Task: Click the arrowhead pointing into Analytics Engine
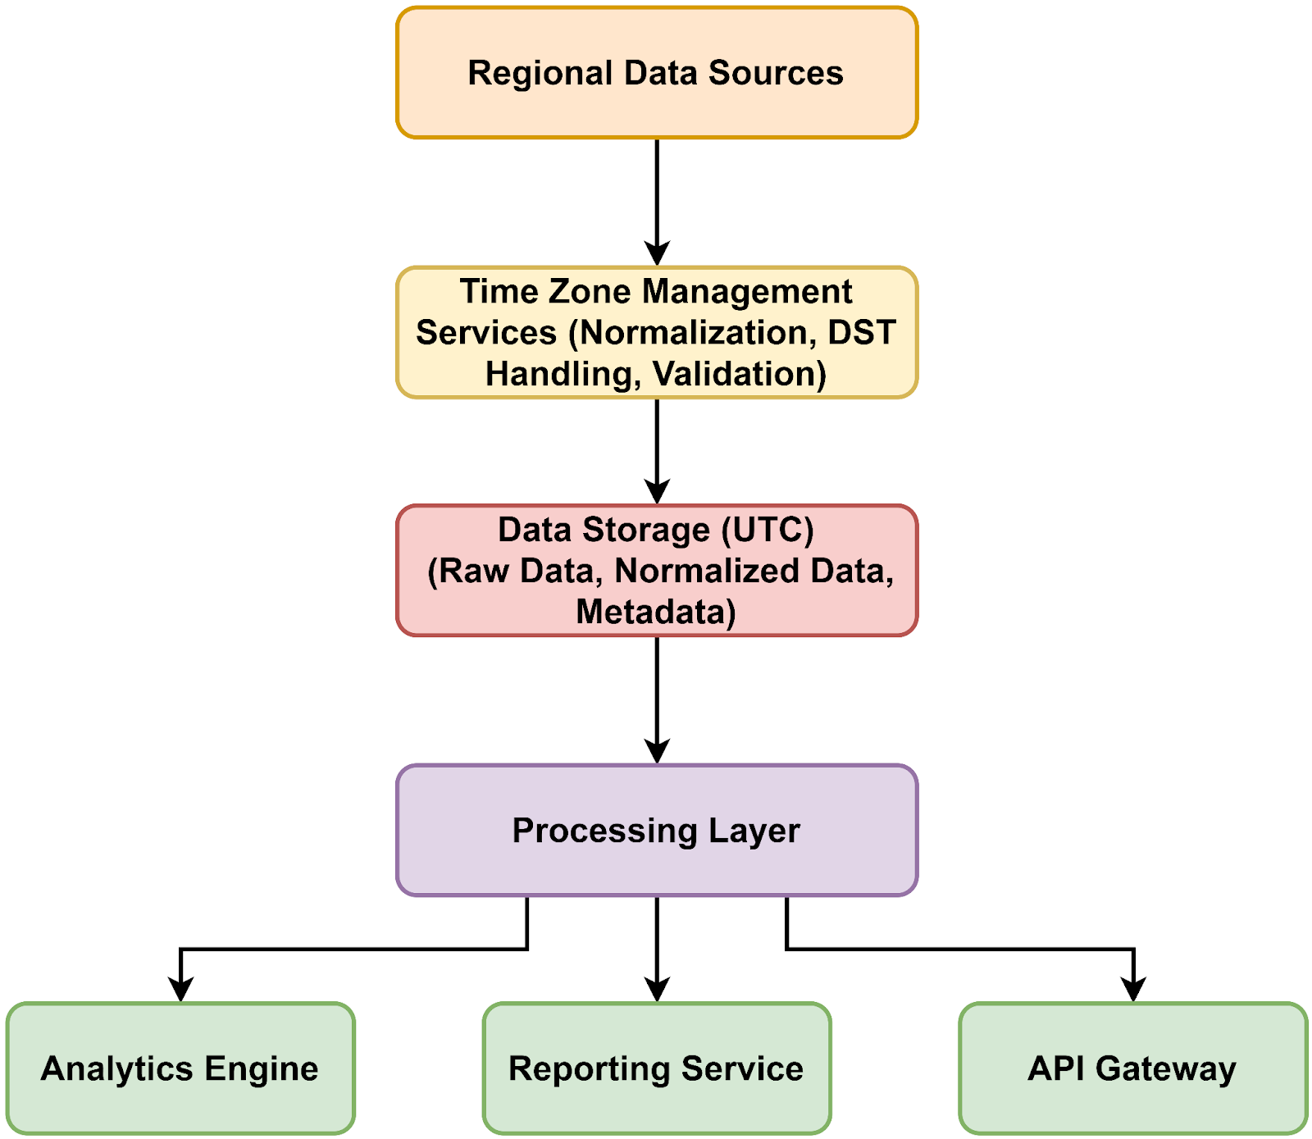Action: [180, 990]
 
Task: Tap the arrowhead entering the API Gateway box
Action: [1133, 990]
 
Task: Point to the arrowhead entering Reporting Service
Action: [657, 990]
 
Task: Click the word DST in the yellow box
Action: [862, 333]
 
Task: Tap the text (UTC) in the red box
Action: [768, 530]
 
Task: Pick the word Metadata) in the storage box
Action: [656, 612]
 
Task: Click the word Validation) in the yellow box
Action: [740, 374]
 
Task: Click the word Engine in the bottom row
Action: [262, 1068]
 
